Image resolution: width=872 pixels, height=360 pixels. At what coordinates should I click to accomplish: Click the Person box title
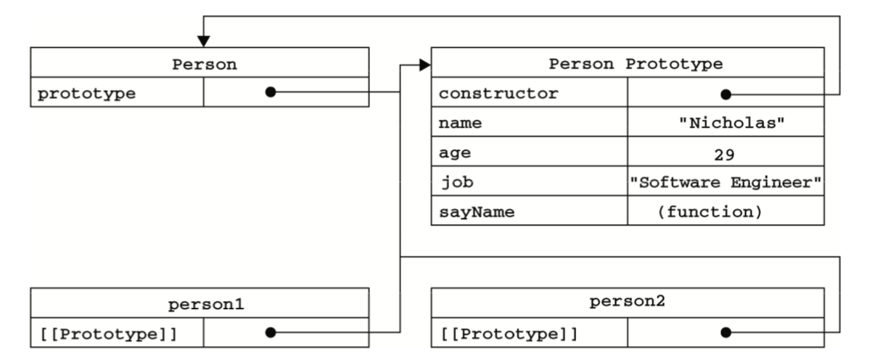(205, 65)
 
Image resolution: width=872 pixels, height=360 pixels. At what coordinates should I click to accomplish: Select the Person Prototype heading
(636, 64)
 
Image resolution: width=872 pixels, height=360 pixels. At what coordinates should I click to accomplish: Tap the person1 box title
(206, 304)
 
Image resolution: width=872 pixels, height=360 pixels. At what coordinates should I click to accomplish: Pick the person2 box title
(627, 301)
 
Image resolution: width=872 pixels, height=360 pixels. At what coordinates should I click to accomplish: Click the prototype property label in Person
(86, 94)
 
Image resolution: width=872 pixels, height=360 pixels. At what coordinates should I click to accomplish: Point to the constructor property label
(498, 94)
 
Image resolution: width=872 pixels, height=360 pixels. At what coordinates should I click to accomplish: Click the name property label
(460, 123)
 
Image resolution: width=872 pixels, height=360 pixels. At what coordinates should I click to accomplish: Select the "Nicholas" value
(732, 123)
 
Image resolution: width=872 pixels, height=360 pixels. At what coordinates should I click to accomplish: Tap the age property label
(455, 153)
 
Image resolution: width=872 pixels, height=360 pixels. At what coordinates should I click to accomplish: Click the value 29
(725, 155)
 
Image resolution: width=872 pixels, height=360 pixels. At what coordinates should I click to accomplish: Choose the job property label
(457, 182)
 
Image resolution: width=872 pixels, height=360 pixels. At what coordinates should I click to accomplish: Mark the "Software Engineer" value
(725, 182)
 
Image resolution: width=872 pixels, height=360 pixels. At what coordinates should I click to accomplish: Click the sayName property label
(477, 213)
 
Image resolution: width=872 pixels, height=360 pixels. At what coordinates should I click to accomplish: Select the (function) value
(710, 212)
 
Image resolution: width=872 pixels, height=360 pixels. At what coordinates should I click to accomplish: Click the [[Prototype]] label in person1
(109, 335)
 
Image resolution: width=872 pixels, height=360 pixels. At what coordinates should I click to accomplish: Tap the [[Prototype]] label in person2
(509, 335)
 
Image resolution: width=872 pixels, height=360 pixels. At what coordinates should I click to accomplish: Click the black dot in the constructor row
(725, 94)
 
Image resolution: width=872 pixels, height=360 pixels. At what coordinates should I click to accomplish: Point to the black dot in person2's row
(725, 332)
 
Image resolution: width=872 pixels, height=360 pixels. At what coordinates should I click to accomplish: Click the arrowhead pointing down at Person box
(204, 41)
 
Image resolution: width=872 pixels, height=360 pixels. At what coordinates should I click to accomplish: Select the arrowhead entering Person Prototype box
(425, 65)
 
